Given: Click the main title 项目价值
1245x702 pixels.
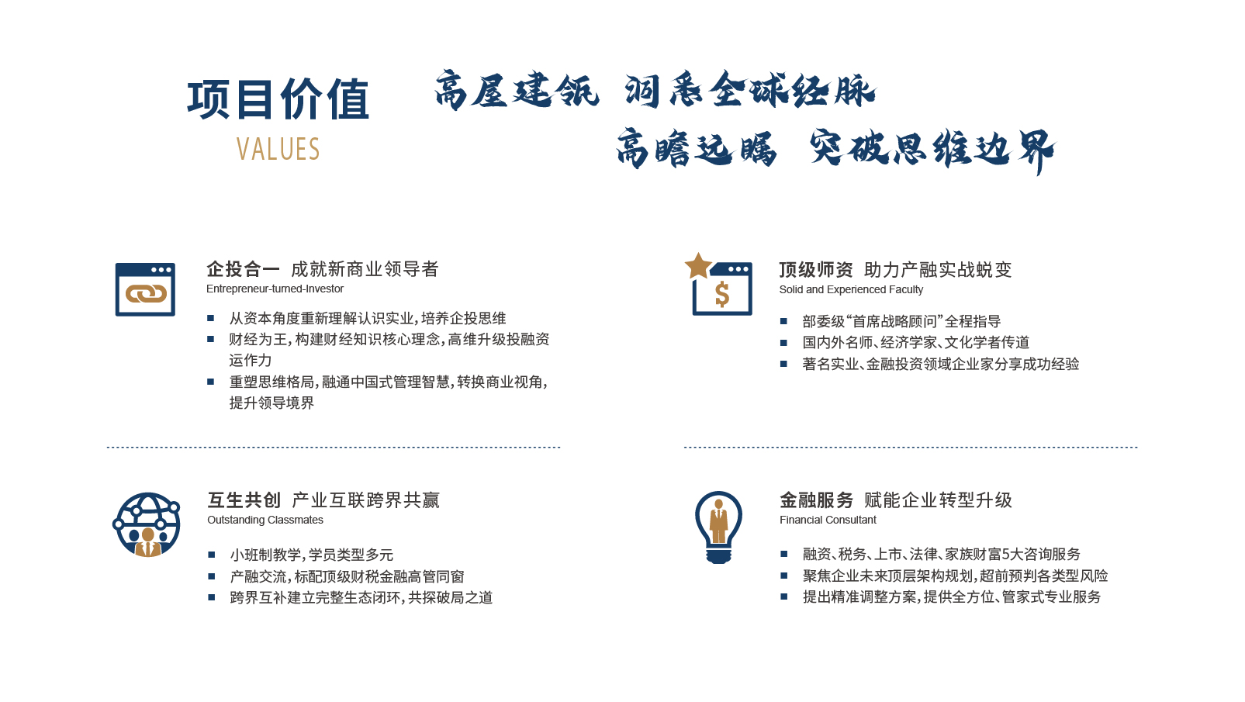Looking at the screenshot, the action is [278, 99].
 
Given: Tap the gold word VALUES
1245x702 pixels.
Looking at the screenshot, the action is [278, 149].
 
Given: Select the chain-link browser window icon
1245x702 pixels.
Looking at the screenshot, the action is [145, 289].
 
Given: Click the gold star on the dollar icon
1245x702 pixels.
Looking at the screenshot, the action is [698, 266].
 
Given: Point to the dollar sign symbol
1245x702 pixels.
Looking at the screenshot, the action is [722, 294].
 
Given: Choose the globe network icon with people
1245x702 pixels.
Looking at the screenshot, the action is [147, 524].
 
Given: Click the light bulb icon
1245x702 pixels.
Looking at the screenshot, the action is [718, 527].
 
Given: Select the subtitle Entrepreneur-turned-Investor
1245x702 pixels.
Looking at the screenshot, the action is [275, 289].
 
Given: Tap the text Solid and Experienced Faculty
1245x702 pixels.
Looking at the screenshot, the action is [851, 289].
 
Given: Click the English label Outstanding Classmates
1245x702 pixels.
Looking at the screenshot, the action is [265, 520].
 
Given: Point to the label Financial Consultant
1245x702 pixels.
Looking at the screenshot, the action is [828, 520].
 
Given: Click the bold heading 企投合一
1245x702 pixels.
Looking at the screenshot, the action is [243, 270].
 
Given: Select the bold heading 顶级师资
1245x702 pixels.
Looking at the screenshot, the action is [816, 270].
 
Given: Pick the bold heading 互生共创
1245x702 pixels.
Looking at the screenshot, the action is [244, 500].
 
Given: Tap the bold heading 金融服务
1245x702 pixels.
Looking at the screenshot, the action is [816, 500].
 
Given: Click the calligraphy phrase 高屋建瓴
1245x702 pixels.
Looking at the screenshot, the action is [517, 90].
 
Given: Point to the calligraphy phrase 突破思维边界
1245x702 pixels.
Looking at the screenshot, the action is [932, 149].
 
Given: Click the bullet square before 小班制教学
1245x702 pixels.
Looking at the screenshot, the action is [211, 555].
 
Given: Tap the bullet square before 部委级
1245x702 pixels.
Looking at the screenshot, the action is [783, 321].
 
